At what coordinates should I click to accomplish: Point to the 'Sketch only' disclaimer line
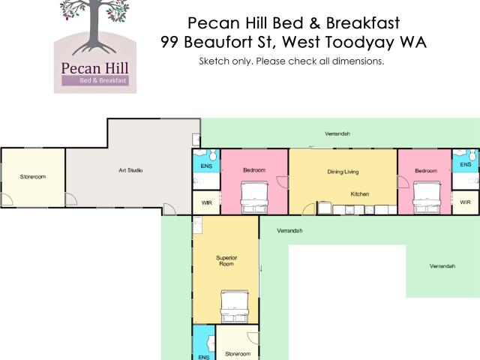point(292,61)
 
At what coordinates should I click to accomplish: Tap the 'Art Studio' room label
point(130,170)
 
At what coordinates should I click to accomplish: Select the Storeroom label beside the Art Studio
point(33,177)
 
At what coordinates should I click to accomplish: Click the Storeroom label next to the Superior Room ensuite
point(238,353)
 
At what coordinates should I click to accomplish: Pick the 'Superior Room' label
point(226,260)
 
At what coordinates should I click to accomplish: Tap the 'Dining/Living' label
point(343,172)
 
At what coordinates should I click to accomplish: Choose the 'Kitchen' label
point(360,194)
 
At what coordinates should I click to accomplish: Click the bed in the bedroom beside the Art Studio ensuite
point(253,193)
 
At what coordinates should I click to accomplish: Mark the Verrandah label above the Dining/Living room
point(337,133)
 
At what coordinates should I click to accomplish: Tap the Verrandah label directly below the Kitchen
point(289,230)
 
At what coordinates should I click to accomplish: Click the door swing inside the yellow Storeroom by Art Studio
point(8,199)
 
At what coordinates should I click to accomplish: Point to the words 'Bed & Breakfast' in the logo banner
point(105,80)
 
